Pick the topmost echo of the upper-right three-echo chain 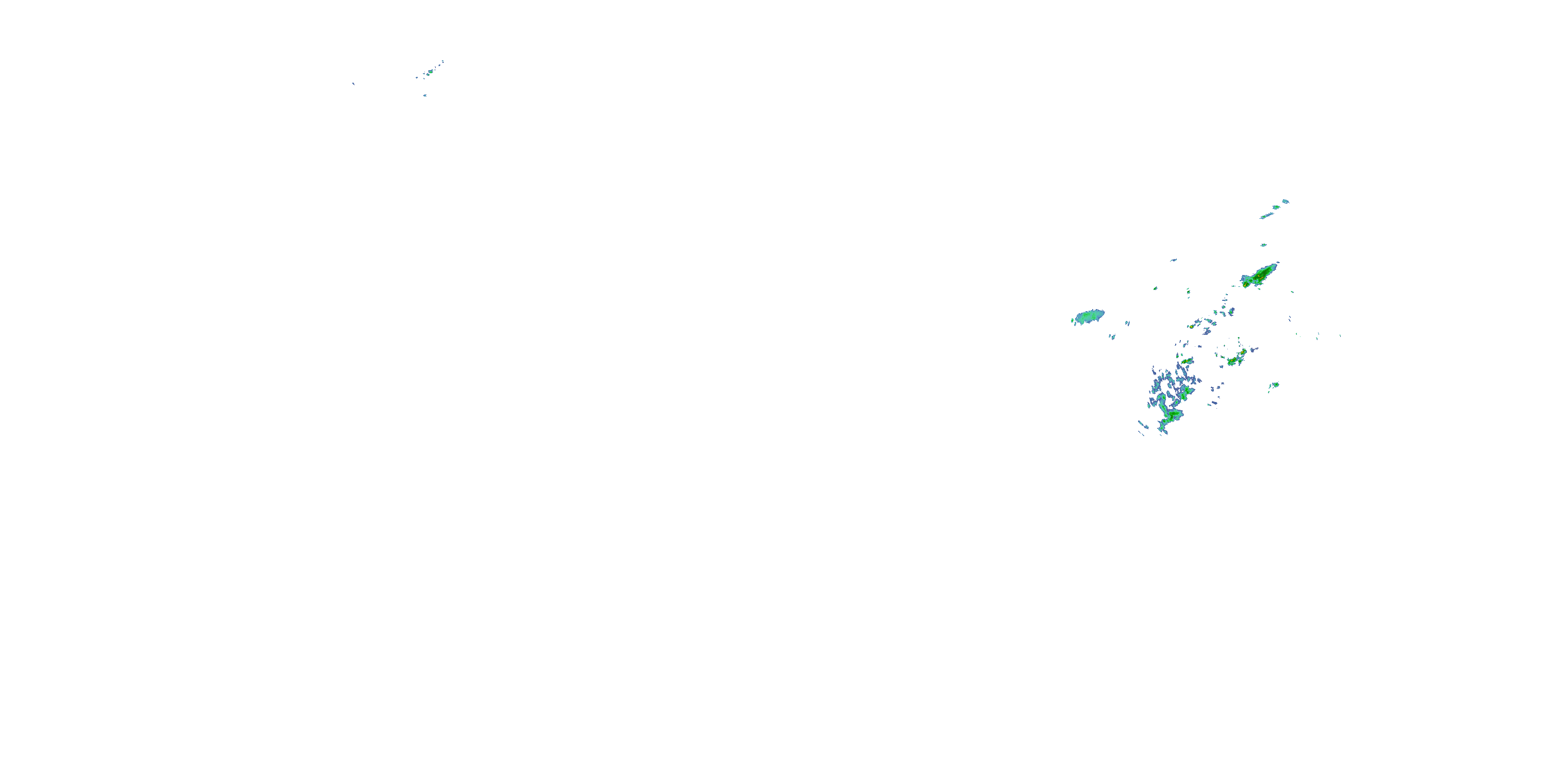[1285, 201]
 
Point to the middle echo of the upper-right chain [1276, 207]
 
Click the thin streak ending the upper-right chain [1266, 216]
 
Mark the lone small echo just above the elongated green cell [1263, 245]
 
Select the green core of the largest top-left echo [431, 72]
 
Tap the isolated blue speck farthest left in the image [353, 84]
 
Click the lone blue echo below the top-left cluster [424, 95]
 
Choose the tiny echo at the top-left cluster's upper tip [442, 61]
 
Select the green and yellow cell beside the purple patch [1235, 360]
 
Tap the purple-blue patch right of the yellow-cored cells [1253, 350]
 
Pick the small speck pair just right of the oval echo [1127, 324]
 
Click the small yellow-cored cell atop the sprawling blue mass [1187, 361]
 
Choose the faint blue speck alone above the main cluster [1173, 260]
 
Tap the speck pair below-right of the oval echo [1112, 336]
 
